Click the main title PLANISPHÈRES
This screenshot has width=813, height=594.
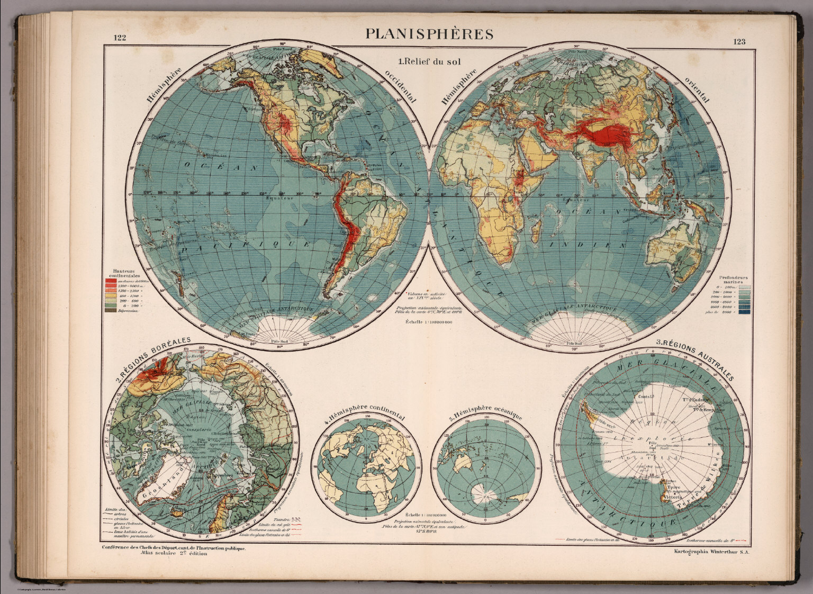pos(429,34)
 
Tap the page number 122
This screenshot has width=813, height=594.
pos(122,38)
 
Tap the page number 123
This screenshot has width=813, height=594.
pos(739,42)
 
